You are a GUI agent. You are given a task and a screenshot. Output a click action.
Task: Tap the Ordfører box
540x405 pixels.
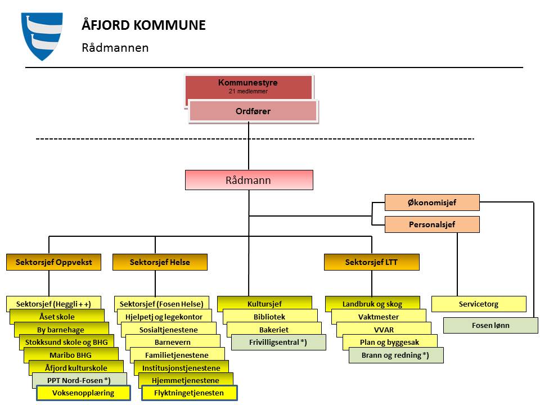coord(253,111)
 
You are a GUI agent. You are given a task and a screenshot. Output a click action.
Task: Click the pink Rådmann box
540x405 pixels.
coord(249,181)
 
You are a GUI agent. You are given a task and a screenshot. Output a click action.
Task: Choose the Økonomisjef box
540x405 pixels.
coord(431,202)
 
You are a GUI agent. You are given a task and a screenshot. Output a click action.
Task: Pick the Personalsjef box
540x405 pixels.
coord(431,224)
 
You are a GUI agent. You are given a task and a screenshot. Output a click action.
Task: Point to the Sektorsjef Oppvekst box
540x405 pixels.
coord(53,262)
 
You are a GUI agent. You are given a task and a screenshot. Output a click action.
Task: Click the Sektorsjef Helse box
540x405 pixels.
coord(160,262)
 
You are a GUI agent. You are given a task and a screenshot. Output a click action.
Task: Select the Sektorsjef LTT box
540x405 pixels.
coord(371,262)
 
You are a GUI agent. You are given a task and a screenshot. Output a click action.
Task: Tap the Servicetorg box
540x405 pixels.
coord(478,304)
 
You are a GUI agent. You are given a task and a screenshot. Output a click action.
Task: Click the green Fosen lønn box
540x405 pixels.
coord(490,325)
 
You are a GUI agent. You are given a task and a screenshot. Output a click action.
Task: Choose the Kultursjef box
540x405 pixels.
coord(264,304)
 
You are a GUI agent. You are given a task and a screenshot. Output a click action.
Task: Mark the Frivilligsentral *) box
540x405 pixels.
coord(278,342)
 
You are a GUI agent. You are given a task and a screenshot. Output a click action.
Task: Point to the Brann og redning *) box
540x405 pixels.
coord(395,355)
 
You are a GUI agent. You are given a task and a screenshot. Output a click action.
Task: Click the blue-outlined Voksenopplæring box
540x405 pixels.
coord(83,393)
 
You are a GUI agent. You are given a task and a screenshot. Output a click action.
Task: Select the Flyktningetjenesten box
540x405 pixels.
coord(189,393)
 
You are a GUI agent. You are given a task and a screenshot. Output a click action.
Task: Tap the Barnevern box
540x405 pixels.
coord(172,342)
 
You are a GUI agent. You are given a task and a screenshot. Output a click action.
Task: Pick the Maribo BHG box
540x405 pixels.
coord(71,355)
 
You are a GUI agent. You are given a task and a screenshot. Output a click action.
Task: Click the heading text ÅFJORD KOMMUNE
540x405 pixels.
coord(143,25)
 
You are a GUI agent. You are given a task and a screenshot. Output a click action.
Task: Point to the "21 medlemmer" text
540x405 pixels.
coord(248,91)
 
